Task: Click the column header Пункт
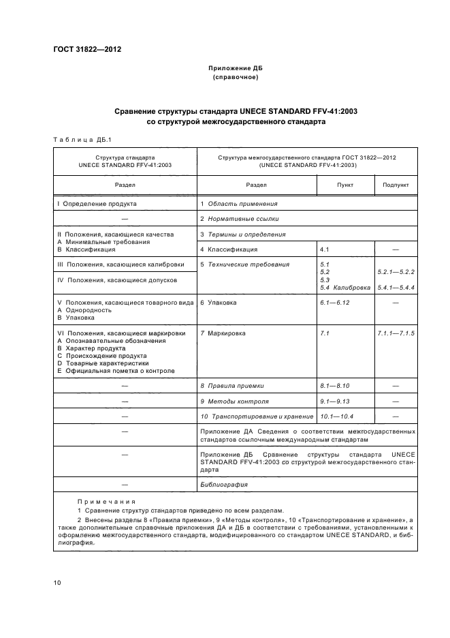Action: pos(345,185)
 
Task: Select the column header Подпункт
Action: pos(396,185)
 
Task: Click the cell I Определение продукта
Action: pos(97,204)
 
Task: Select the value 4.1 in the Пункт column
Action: pos(325,249)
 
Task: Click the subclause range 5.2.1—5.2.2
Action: pos(396,272)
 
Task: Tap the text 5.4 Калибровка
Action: pos(345,288)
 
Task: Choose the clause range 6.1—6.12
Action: pos(334,303)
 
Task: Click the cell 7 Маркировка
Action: pos(223,333)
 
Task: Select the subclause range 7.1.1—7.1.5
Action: pos(396,333)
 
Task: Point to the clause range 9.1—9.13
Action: pos(334,401)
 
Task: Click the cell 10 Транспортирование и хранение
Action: pos(256,416)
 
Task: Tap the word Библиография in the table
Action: pos(224,485)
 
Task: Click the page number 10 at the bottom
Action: pos(57,583)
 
